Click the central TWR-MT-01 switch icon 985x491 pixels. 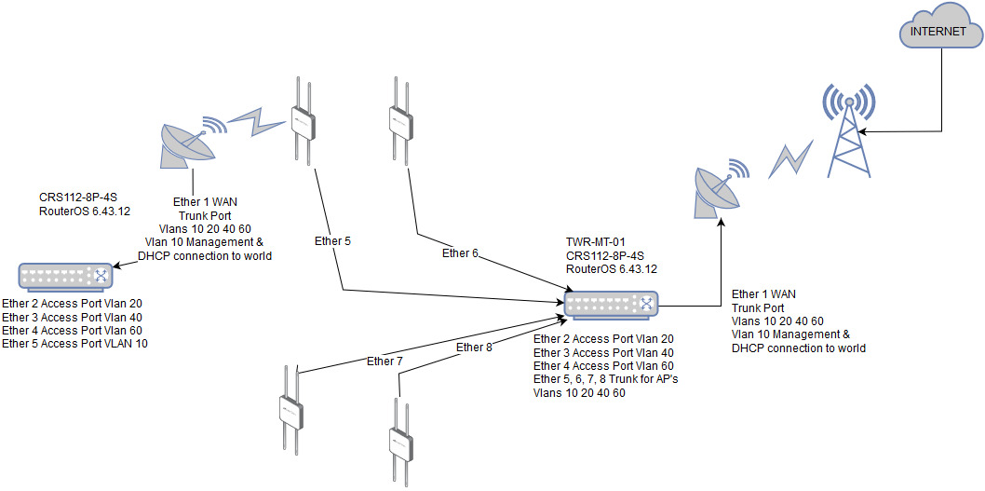point(612,304)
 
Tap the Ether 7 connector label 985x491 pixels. point(385,361)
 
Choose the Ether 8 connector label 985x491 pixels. point(474,348)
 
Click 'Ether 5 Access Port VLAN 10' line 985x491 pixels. point(74,344)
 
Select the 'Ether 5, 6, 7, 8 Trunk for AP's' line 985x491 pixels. point(605,379)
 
